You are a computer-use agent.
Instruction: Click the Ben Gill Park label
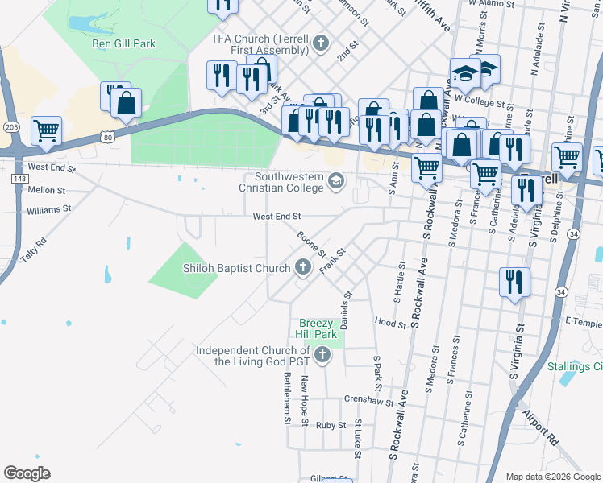(123, 43)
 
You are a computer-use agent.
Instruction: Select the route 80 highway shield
(108, 137)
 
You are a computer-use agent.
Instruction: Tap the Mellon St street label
(47, 190)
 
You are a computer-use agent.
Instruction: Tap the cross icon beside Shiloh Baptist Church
(303, 267)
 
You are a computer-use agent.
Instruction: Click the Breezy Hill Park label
(317, 328)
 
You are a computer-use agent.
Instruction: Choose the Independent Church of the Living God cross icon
(322, 355)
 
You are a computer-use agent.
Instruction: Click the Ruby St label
(331, 425)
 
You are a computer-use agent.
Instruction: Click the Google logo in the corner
(27, 473)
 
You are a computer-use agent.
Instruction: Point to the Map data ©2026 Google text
(552, 477)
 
